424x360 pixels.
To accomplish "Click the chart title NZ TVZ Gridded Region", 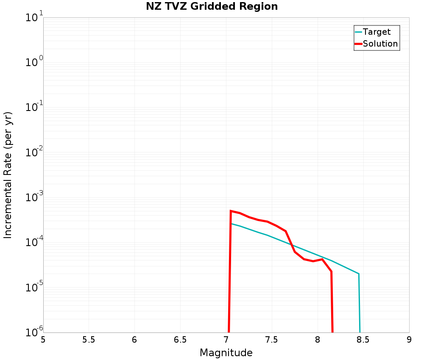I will tap(212, 7).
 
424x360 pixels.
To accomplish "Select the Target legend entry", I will tap(377, 32).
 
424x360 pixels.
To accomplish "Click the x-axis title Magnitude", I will tap(226, 353).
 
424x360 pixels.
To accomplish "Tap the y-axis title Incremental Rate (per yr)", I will tap(8, 175).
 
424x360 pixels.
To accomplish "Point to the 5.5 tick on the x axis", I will tap(89, 340).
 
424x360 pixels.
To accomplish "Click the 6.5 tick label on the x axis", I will tap(180, 340).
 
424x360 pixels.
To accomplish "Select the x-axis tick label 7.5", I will tap(272, 340).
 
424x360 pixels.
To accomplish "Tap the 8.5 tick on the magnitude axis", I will tap(363, 340).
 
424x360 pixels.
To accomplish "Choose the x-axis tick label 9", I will tap(409, 340).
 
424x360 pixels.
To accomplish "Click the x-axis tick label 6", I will tap(134, 340).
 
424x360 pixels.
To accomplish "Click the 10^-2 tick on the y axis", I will tap(33, 153).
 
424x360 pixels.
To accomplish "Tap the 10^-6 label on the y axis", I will tap(33, 332).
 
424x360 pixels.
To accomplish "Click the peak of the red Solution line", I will tap(231, 210).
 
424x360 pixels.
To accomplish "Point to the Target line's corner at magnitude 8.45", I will tap(359, 274).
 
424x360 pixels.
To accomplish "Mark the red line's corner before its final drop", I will tap(331, 271).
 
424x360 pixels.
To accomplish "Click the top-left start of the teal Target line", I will tap(231, 224).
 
